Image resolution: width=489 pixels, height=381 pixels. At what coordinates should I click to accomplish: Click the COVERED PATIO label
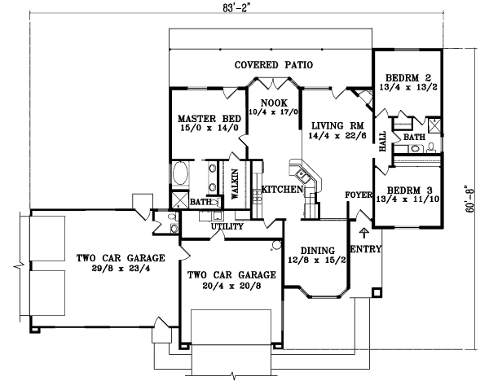point(274,64)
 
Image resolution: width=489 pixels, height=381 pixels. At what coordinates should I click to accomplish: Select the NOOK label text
point(274,102)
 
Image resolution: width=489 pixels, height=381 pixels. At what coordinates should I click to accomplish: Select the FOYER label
point(358,195)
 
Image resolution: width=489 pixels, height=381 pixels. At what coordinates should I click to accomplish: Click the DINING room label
point(315,250)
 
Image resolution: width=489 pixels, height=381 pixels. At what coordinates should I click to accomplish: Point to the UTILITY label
point(227,226)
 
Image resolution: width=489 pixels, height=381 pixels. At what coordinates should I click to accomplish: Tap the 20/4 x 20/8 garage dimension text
point(226,287)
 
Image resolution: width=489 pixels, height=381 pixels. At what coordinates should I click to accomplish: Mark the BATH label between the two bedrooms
point(414,138)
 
